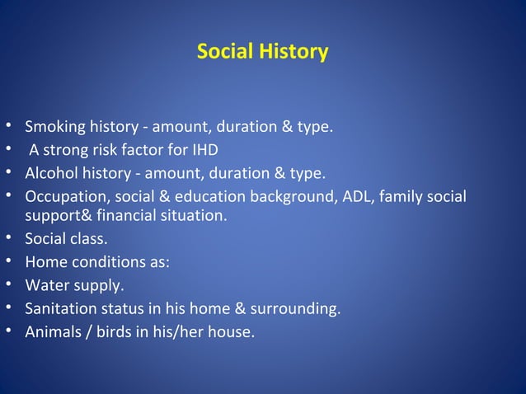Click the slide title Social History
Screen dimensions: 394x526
point(262,52)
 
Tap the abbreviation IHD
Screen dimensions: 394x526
point(204,151)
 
